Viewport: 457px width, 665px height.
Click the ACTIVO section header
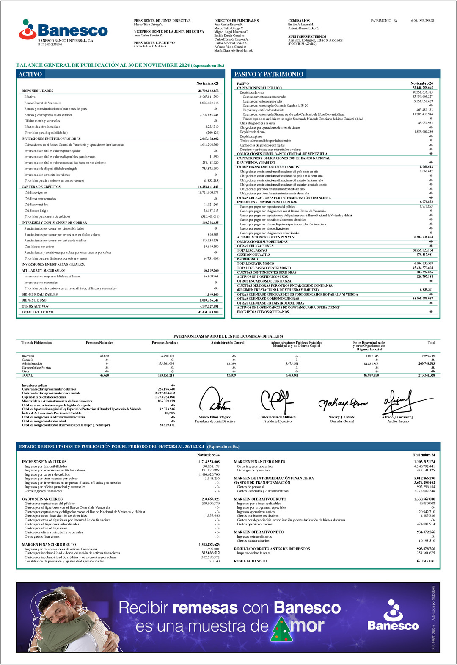(30, 74)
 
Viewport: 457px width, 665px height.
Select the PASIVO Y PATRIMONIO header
(269, 74)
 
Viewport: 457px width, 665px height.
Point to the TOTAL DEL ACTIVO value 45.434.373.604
(208, 312)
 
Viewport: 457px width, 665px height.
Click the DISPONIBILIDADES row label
(37, 91)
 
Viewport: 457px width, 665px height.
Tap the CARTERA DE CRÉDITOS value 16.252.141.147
(208, 187)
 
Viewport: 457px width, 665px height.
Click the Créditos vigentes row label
(36, 193)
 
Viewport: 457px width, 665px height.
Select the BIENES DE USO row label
(34, 300)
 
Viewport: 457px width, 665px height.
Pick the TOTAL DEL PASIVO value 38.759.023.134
(423, 250)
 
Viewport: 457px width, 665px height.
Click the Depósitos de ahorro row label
(252, 132)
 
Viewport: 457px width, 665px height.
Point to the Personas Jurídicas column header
(165, 343)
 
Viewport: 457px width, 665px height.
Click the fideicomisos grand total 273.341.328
(426, 375)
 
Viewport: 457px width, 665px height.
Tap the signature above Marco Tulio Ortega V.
(215, 401)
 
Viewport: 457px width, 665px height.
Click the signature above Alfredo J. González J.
(397, 402)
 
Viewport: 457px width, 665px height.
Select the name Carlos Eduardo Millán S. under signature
(277, 417)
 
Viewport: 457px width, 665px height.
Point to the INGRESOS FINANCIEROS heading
(44, 462)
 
